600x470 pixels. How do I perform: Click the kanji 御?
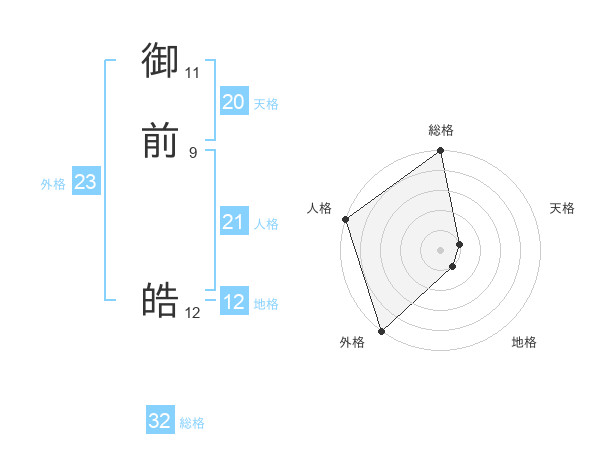tap(160, 62)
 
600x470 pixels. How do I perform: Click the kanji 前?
tap(160, 141)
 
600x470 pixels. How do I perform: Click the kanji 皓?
tap(160, 300)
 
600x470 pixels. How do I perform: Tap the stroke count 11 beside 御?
tap(193, 72)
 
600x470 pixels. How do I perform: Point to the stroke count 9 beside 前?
tap(193, 152)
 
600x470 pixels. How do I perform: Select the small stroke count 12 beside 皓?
tap(193, 313)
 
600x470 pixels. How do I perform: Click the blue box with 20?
tap(234, 102)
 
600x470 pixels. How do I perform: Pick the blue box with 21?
tap(234, 222)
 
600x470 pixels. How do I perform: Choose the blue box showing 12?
tap(234, 302)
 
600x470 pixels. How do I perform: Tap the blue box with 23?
tap(85, 182)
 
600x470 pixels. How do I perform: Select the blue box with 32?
tap(160, 421)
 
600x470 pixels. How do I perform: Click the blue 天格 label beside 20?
tap(266, 104)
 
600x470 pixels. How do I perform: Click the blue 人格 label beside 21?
tap(266, 224)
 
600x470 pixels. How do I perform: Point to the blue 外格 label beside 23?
tap(53, 184)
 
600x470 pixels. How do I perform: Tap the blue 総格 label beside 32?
tap(192, 423)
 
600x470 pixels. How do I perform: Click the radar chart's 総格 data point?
tap(441, 152)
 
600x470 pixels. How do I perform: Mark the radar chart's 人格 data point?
tap(345, 219)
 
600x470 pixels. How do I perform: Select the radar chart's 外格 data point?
tap(380, 330)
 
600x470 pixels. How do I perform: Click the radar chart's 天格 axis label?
tap(562, 208)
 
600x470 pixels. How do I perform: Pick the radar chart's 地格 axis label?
tap(524, 342)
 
